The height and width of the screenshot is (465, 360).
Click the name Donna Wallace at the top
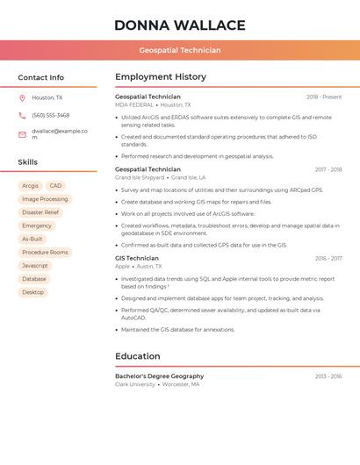(180, 25)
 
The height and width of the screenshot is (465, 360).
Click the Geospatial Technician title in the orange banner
(180, 51)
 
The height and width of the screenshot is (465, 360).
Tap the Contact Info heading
(41, 77)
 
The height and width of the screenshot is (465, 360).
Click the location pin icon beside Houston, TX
(22, 98)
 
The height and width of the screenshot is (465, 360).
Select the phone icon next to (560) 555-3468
(22, 116)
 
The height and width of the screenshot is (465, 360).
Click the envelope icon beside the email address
(22, 134)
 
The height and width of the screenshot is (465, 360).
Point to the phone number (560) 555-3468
(51, 116)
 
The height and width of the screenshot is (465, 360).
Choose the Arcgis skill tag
(30, 186)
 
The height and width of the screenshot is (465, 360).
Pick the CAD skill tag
(55, 186)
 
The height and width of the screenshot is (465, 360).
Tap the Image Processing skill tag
(45, 199)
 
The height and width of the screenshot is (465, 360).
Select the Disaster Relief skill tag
(40, 212)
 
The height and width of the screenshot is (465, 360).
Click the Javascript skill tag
(35, 266)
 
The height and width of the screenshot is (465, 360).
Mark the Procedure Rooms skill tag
(45, 253)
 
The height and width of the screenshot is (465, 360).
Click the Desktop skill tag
(33, 292)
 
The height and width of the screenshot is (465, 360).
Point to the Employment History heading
(161, 76)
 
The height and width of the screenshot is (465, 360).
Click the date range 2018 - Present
(324, 97)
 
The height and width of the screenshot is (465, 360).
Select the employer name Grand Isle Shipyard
(140, 177)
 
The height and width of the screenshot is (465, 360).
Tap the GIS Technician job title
(137, 259)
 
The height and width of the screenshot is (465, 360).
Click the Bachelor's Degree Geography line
(159, 376)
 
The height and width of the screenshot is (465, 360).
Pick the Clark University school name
(135, 384)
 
